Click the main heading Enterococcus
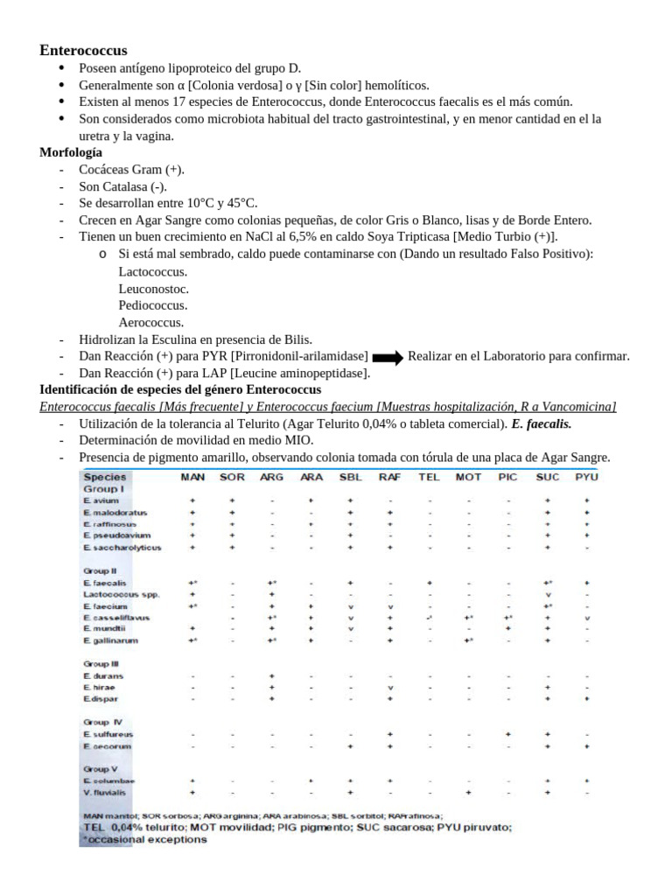coord(83,52)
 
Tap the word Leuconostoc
coord(154,289)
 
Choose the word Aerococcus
coord(150,322)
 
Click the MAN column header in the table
coord(193,477)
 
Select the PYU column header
coord(586,477)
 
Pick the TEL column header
coord(429,477)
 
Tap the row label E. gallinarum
coord(111,640)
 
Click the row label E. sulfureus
coord(108,734)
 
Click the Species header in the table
coord(104,477)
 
